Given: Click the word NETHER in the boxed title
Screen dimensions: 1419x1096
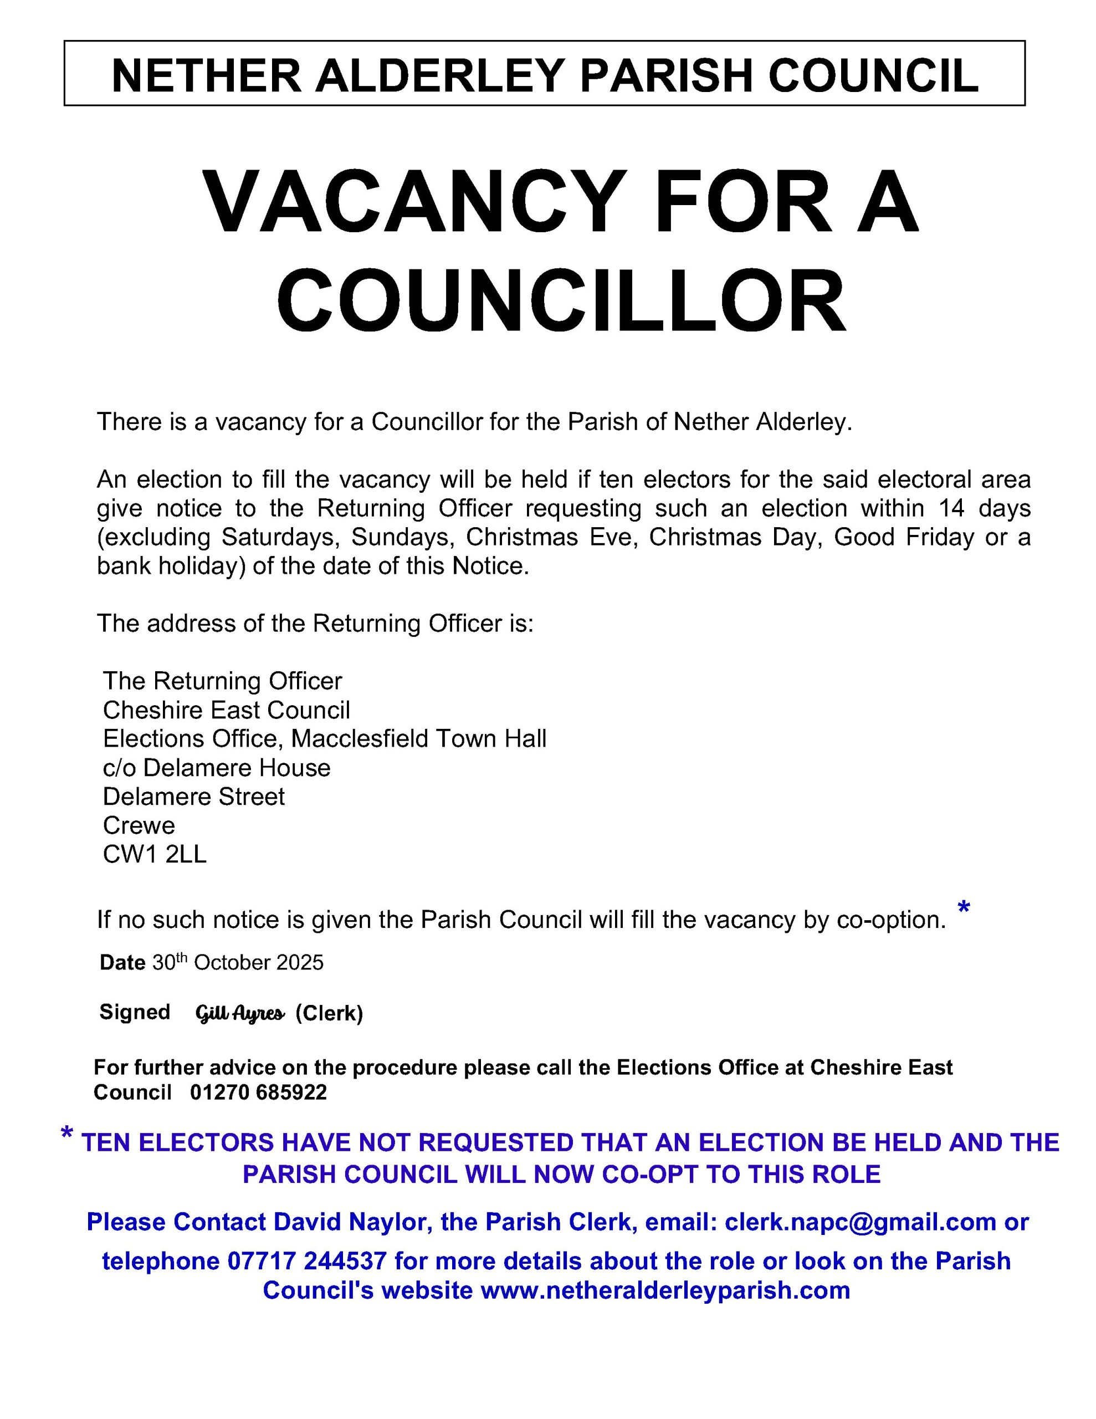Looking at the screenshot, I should tap(206, 75).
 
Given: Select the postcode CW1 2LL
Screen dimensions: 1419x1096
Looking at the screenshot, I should tap(155, 854).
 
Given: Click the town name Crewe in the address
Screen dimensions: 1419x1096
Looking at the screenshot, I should tap(139, 826).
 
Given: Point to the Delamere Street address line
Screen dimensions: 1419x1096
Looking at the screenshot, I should tap(193, 797).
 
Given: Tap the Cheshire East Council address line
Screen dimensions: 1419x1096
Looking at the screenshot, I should tap(226, 710).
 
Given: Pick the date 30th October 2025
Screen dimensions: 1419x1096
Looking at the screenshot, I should tap(238, 962).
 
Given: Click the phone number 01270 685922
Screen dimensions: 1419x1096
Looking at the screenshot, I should tap(259, 1092).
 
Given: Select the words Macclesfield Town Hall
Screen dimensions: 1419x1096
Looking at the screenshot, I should tap(418, 739).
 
